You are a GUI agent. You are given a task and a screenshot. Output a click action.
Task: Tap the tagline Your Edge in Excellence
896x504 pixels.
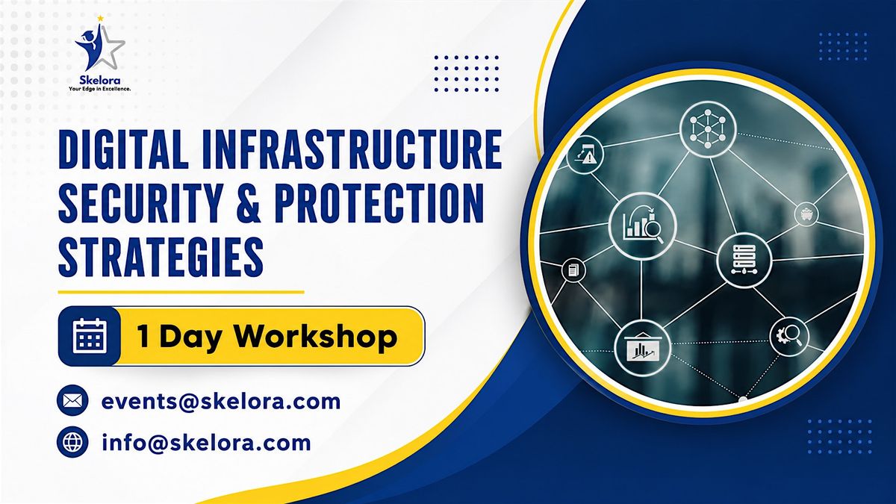(x=99, y=89)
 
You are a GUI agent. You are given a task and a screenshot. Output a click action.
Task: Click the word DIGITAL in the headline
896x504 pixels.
(x=123, y=149)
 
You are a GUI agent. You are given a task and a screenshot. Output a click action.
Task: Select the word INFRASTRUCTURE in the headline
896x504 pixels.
(x=352, y=149)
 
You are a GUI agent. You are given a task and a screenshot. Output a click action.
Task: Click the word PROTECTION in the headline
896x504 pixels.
(x=379, y=203)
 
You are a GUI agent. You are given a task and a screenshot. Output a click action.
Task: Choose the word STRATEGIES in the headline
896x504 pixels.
(x=161, y=257)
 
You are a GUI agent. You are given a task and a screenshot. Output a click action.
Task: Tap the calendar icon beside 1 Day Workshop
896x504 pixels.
(x=90, y=336)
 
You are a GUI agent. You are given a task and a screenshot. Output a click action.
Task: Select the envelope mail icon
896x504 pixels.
(x=72, y=400)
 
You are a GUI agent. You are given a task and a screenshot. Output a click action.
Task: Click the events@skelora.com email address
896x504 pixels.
(x=221, y=401)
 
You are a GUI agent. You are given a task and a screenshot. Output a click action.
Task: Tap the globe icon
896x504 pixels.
(x=72, y=442)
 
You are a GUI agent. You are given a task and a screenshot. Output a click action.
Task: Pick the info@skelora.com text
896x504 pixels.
(x=206, y=442)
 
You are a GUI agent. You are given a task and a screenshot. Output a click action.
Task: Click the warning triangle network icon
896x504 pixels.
(x=585, y=155)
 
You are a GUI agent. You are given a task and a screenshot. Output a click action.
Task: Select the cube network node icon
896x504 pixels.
(x=708, y=128)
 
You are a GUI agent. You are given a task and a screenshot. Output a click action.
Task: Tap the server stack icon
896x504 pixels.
(x=744, y=261)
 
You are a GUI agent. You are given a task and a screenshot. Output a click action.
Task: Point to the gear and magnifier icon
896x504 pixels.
(x=789, y=337)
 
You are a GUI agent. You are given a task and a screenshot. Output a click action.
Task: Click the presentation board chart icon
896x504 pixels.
(x=642, y=349)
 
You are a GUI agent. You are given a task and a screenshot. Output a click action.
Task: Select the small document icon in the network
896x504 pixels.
(x=573, y=270)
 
